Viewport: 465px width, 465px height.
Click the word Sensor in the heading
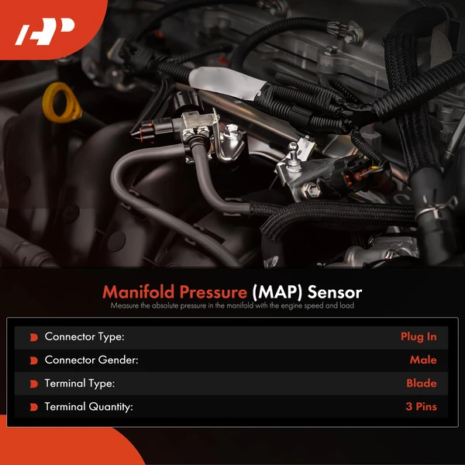click(335, 293)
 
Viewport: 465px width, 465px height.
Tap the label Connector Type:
click(84, 337)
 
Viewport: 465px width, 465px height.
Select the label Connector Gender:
click(91, 360)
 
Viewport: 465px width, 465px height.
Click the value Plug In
click(418, 337)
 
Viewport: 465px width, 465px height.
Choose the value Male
click(423, 360)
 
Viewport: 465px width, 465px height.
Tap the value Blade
click(422, 384)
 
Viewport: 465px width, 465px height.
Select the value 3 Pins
click(420, 407)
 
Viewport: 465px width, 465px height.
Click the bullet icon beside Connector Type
click(33, 337)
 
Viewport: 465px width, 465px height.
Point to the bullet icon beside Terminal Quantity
click(33, 407)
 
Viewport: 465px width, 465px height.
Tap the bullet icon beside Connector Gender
click(33, 360)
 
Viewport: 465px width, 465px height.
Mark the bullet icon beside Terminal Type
click(33, 384)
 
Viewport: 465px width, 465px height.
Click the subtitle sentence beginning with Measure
click(232, 307)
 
